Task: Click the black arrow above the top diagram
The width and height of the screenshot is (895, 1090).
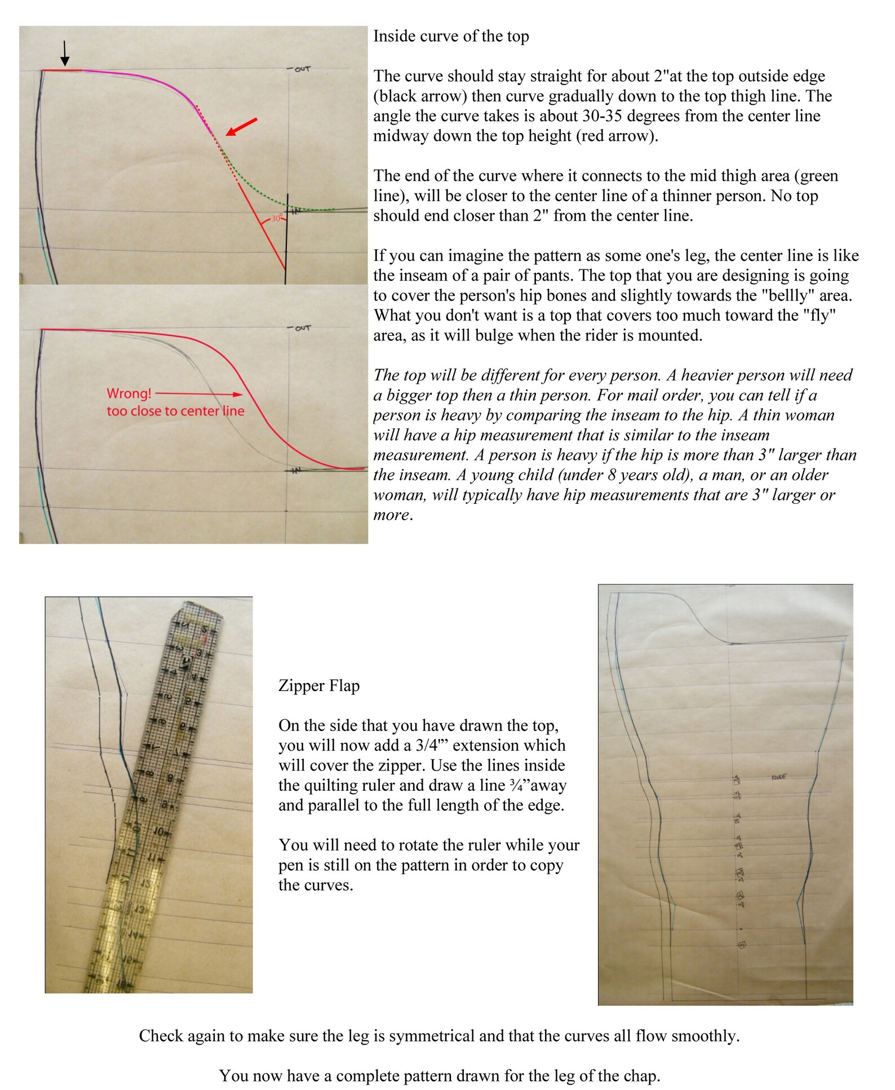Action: click(65, 54)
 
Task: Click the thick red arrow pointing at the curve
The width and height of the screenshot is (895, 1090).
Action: click(242, 127)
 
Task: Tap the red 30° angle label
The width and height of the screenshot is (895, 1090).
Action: click(276, 218)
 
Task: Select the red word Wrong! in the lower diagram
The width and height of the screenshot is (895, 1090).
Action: click(129, 393)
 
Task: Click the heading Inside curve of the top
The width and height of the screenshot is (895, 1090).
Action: click(451, 36)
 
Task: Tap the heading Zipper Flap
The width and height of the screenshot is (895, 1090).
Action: click(318, 686)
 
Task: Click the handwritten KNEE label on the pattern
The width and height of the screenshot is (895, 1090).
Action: click(778, 777)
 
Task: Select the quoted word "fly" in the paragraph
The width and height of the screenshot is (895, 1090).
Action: click(819, 316)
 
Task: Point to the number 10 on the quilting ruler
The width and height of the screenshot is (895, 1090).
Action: click(158, 831)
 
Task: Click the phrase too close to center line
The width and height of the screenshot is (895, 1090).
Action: click(175, 411)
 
